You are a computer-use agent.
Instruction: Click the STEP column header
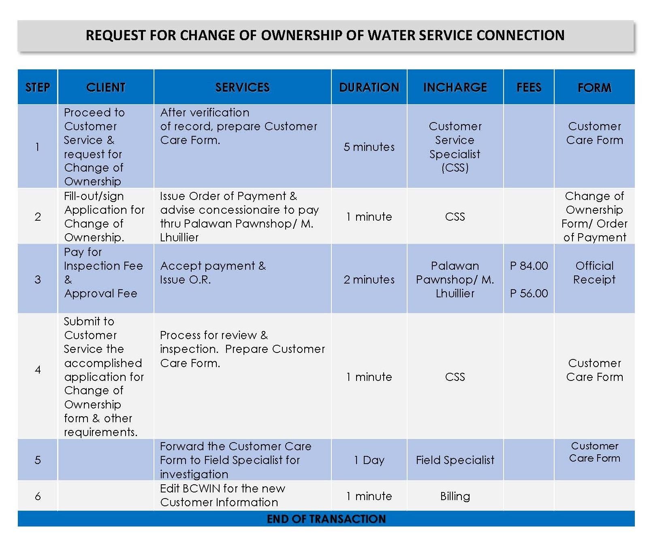click(38, 87)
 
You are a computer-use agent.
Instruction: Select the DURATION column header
click(369, 87)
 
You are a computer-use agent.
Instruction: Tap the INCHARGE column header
click(455, 87)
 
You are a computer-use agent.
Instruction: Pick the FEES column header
click(529, 87)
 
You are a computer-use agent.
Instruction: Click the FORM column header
click(594, 88)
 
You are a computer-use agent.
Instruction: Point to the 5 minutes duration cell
click(369, 147)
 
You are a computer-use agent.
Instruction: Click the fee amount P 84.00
click(529, 266)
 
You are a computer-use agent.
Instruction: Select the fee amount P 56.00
click(529, 293)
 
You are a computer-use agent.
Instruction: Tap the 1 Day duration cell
click(369, 460)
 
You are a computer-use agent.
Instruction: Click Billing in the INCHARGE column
click(455, 496)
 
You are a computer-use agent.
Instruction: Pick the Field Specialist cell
click(455, 460)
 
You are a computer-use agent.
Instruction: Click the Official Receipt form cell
click(594, 273)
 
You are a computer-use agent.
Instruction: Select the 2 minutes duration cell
click(369, 279)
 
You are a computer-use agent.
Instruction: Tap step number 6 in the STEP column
click(38, 496)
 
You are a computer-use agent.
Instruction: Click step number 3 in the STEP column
click(38, 279)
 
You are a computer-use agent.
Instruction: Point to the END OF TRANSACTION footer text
click(326, 519)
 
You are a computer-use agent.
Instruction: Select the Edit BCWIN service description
click(222, 495)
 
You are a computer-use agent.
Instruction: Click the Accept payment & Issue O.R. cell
click(213, 273)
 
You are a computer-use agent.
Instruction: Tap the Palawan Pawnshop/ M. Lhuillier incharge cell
click(455, 279)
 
